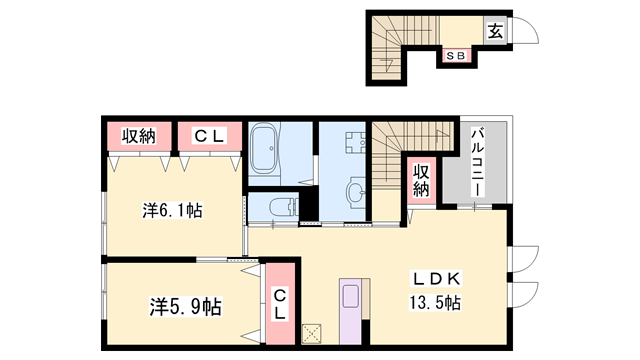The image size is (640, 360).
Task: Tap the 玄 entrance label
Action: (x=495, y=31)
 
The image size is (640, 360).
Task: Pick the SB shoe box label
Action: (x=456, y=55)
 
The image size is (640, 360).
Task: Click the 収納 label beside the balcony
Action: (x=421, y=180)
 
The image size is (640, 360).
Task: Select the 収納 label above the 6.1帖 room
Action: (x=140, y=135)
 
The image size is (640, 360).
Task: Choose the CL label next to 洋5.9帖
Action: (x=281, y=304)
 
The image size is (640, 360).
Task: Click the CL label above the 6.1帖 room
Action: (x=210, y=135)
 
